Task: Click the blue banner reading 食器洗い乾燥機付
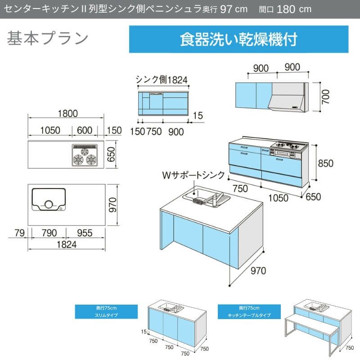[238, 39]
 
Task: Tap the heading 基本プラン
[47, 39]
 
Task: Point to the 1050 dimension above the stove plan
[50, 130]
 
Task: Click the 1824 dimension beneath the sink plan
[67, 244]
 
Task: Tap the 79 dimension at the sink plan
[18, 233]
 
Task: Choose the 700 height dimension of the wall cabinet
[326, 96]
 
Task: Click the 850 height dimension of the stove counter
[325, 163]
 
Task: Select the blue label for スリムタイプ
[107, 311]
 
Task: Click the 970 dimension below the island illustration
[259, 270]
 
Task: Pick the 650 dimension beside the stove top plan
[112, 155]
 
